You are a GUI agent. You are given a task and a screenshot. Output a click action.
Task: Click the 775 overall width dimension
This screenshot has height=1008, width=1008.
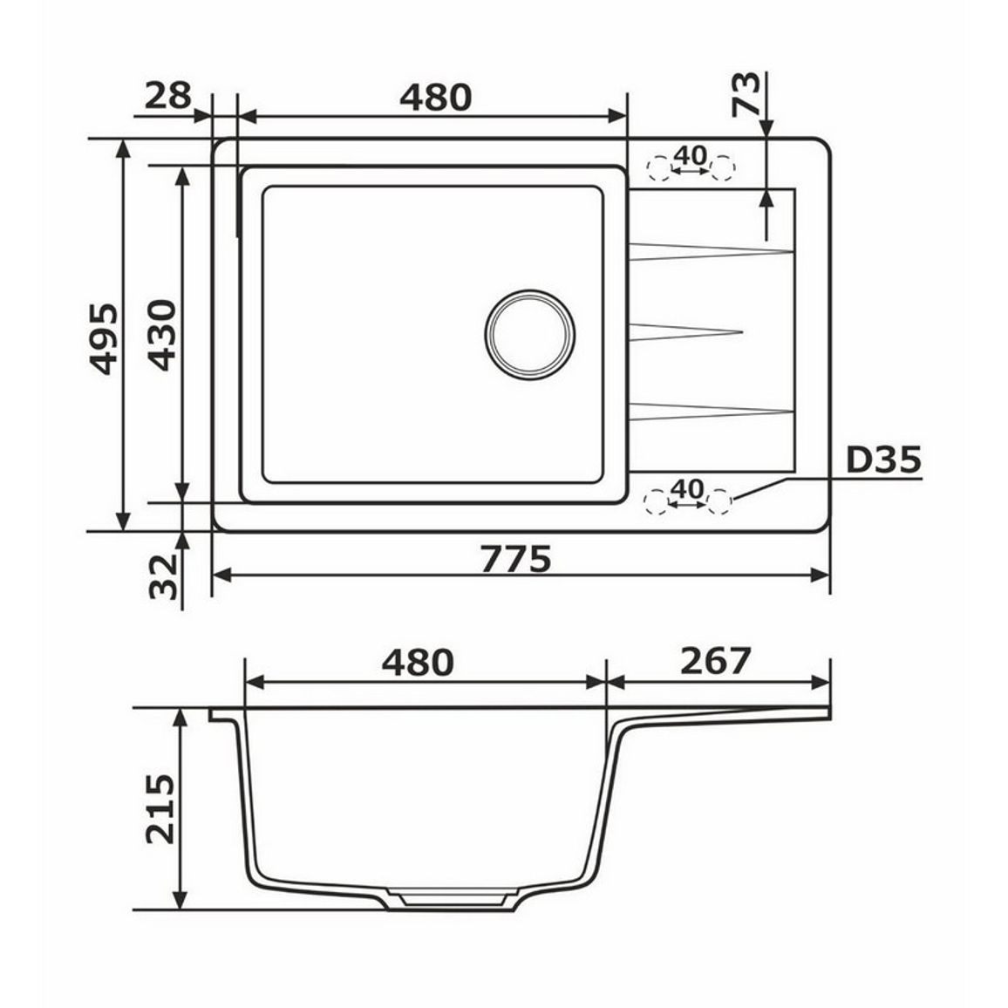[x=515, y=558]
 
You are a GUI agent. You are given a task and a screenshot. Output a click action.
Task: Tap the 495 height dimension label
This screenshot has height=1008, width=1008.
[x=104, y=339]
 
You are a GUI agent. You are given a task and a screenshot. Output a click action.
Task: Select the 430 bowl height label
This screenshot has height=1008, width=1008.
[x=161, y=335]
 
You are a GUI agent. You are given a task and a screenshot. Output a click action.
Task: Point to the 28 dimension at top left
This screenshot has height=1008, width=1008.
[x=167, y=95]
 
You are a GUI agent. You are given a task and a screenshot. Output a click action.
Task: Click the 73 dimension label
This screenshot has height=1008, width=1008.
[x=746, y=94]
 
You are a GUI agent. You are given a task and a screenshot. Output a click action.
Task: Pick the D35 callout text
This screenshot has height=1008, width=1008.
[x=883, y=460]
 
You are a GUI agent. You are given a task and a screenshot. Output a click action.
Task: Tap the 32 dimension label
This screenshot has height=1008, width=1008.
[x=163, y=576]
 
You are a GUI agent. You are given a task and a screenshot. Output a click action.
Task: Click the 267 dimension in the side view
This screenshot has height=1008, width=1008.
[x=716, y=661]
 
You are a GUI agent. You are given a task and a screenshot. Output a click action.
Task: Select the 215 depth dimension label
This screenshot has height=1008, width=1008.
[x=160, y=808]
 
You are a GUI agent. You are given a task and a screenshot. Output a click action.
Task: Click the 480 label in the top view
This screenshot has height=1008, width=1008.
[x=435, y=97]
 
